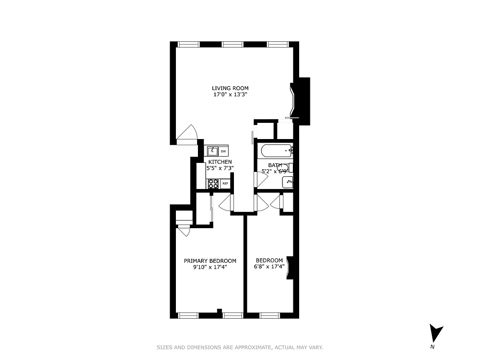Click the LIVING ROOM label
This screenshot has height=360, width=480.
(x=230, y=88)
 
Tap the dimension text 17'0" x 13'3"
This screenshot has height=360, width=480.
(x=230, y=95)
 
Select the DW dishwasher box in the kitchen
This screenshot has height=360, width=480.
(x=223, y=151)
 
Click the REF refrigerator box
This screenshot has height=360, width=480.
(x=225, y=184)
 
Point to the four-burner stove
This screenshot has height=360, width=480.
(x=213, y=184)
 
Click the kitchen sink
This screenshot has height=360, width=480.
(x=212, y=151)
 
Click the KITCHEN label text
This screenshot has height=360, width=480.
(x=220, y=162)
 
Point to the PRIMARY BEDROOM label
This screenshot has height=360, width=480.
(x=210, y=261)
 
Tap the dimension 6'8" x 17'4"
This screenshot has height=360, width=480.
(x=269, y=266)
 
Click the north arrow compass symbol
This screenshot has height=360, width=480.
(x=435, y=334)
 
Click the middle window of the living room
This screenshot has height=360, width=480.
(x=233, y=44)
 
